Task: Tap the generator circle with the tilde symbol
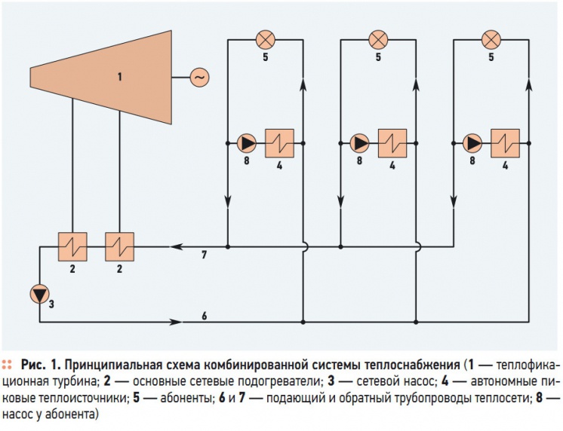point(199,78)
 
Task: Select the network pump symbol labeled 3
point(39,294)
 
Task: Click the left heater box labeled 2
point(72,246)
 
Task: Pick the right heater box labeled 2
point(119,246)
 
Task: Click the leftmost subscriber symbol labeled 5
point(266,40)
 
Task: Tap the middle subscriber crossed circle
point(378,40)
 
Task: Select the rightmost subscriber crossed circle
point(491,40)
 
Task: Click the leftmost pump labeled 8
point(247,143)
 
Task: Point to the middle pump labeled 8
point(359,143)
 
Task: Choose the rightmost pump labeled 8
point(472,143)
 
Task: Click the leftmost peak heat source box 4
point(280,143)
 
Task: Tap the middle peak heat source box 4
point(392,143)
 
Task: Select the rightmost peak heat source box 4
point(505,143)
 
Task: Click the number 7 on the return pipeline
point(204,255)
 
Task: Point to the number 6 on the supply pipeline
point(205,316)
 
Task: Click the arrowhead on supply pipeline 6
point(176,322)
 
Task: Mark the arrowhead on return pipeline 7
point(177,246)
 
